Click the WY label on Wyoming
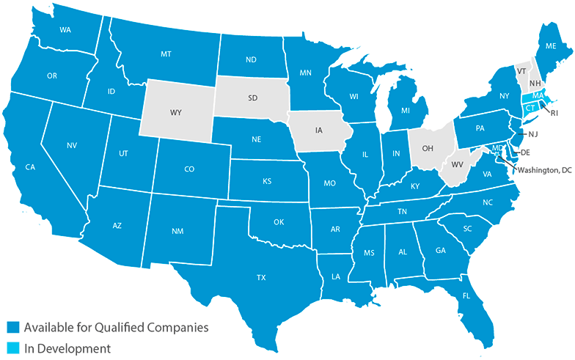176,113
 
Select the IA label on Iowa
318,130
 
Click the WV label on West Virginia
456,163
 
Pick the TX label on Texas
261,278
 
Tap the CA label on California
30,167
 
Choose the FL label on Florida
466,297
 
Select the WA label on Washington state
65,30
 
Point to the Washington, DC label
544,170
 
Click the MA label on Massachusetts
538,96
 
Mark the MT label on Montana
166,54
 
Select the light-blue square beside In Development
12,348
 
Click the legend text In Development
67,348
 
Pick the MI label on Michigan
404,111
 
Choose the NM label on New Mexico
177,232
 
